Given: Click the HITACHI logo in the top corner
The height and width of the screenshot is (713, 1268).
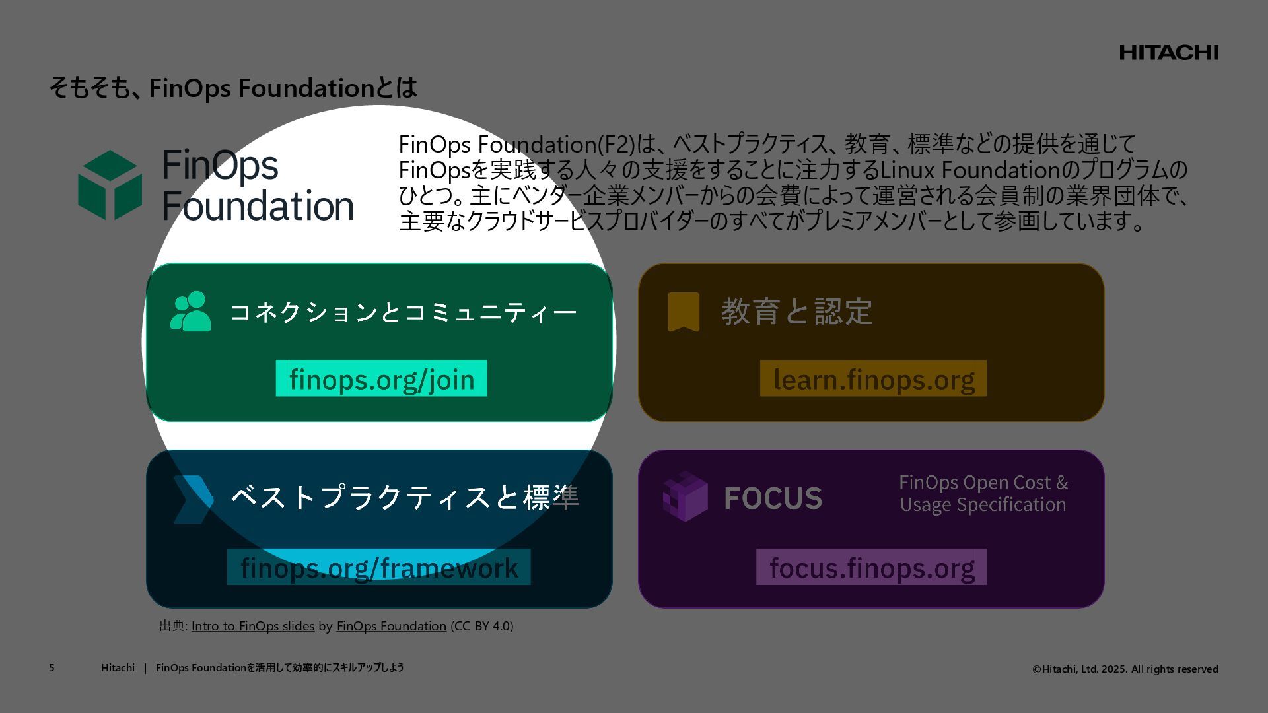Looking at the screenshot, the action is coord(1168,53).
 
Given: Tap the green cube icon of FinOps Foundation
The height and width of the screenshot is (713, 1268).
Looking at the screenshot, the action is coord(110,185).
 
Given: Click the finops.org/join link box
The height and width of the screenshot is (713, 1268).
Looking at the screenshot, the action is coord(381,379).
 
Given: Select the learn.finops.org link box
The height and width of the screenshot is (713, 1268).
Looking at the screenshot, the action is coord(873,379).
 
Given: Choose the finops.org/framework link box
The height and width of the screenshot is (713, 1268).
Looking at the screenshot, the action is coord(378,567).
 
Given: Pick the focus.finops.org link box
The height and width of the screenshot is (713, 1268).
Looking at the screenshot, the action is coord(871,567).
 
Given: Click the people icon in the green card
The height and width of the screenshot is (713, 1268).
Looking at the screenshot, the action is coord(190,312).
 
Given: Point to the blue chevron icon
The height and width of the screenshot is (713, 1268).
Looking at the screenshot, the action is coord(193,499).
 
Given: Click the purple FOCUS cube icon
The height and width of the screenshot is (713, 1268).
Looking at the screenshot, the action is coord(685,496).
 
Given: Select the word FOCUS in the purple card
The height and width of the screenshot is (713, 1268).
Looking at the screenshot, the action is coord(773,498).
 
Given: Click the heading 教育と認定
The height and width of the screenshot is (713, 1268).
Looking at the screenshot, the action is coord(796,312).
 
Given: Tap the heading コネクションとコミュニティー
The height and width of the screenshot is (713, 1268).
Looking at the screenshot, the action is coord(404,312).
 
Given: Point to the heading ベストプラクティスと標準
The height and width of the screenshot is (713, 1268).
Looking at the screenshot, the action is coord(404,498).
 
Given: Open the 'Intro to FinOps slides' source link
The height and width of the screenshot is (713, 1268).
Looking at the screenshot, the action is coord(252,626).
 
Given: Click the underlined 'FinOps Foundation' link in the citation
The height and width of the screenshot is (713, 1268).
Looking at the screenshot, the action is coord(391,626).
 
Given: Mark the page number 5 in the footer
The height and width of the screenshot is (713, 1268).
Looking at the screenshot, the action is coord(52,668).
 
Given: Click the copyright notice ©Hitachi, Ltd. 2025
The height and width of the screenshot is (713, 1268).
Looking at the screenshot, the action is coord(1125,669).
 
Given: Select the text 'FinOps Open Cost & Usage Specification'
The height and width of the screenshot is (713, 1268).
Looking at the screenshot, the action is coord(983,493).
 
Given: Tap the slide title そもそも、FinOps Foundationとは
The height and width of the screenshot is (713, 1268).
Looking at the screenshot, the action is coord(233,88).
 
